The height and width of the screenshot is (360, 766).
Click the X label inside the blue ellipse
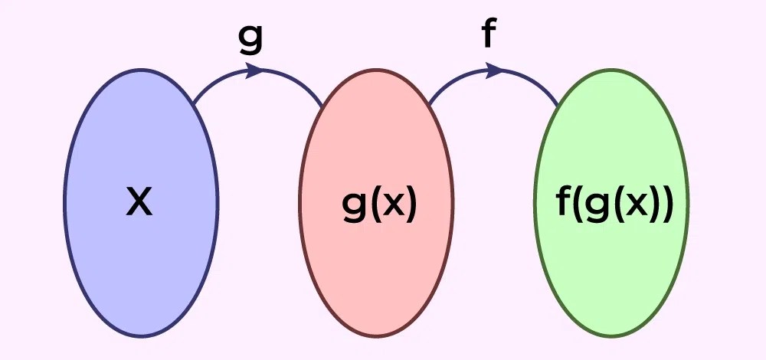[x=139, y=203]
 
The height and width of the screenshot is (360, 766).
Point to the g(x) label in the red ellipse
[x=379, y=205]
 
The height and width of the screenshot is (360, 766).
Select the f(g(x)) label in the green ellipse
[x=613, y=205]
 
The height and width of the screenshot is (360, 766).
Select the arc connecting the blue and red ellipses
[x=222, y=80]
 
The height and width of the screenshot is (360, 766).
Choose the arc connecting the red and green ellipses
[x=460, y=80]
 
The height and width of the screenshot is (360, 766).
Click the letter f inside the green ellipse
[x=561, y=203]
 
